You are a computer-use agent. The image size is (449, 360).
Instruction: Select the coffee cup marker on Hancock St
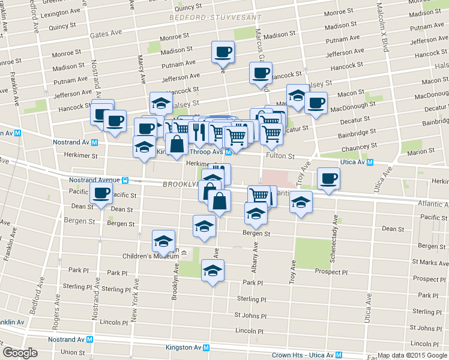tap(261, 73)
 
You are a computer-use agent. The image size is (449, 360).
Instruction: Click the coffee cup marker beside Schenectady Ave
tap(328, 178)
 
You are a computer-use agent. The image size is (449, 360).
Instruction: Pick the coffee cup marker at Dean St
tap(101, 193)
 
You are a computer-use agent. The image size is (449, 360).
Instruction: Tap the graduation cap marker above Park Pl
tap(212, 271)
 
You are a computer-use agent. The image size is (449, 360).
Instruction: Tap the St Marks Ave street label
tap(431, 262)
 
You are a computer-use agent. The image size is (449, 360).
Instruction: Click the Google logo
tap(19, 353)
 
